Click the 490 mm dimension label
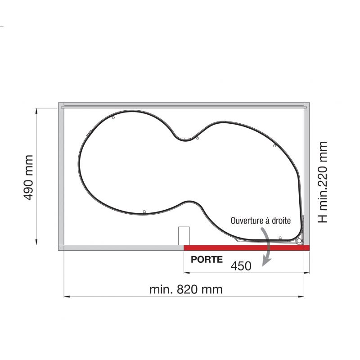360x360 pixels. point(28,177)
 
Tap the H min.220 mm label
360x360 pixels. point(322,182)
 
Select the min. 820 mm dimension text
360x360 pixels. point(186,289)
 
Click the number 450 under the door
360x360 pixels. point(241,266)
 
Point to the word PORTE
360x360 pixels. point(207,260)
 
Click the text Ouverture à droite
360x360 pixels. point(261,220)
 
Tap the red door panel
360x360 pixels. point(247,247)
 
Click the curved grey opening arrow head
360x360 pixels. point(266,262)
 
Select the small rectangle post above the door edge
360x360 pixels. point(184,236)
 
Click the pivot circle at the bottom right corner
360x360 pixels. point(299,241)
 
